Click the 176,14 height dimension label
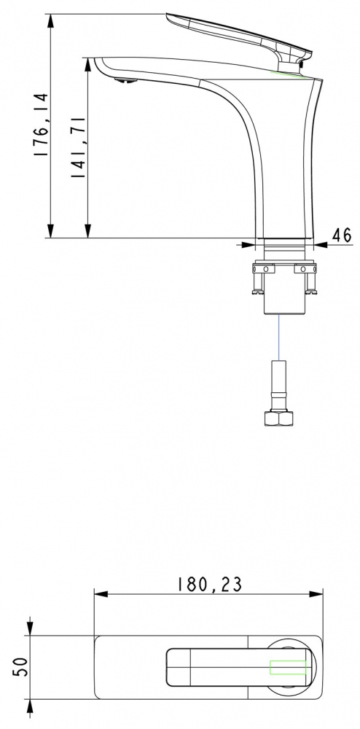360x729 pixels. tap(42, 125)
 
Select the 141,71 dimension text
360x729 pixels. tap(77, 147)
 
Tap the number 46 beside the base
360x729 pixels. tap(342, 235)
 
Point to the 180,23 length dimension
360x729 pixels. tap(210, 585)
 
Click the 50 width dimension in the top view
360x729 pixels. tap(21, 667)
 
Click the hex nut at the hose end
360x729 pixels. tap(278, 418)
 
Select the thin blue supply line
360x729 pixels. tap(278, 337)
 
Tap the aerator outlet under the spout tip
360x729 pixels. tap(126, 80)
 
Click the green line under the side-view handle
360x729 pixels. tap(288, 74)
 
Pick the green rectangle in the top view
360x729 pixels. tap(288, 667)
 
